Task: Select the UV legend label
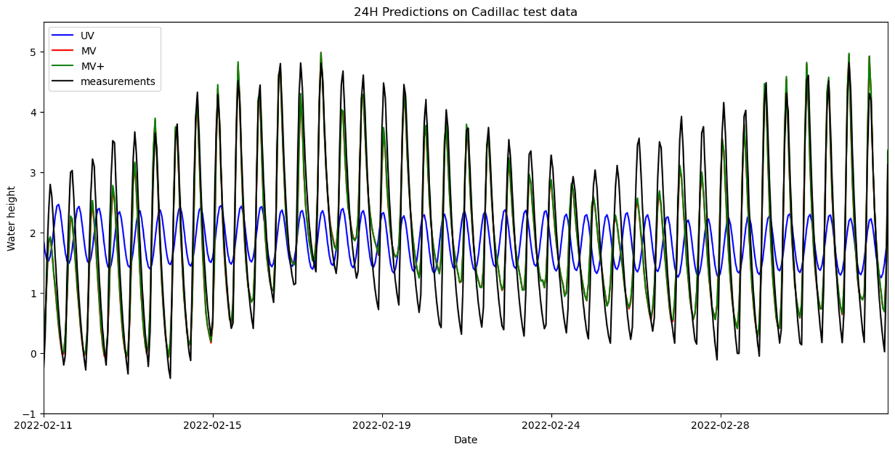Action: point(87,35)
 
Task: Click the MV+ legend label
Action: point(91,66)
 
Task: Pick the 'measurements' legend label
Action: point(118,82)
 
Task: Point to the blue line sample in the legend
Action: point(63,35)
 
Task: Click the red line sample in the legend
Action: point(63,51)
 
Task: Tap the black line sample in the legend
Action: point(63,82)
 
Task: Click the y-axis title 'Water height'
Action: point(11,218)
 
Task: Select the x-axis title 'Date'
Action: point(465,440)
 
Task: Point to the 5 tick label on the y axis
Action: point(35,52)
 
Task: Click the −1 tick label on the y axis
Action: point(32,414)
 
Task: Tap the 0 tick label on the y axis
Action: point(35,354)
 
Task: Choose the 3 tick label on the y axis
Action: point(35,173)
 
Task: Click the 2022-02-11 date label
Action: point(44,425)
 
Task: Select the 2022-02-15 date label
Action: point(213,425)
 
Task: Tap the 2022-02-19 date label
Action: point(382,425)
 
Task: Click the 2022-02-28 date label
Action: point(721,425)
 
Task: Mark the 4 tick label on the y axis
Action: point(35,112)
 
